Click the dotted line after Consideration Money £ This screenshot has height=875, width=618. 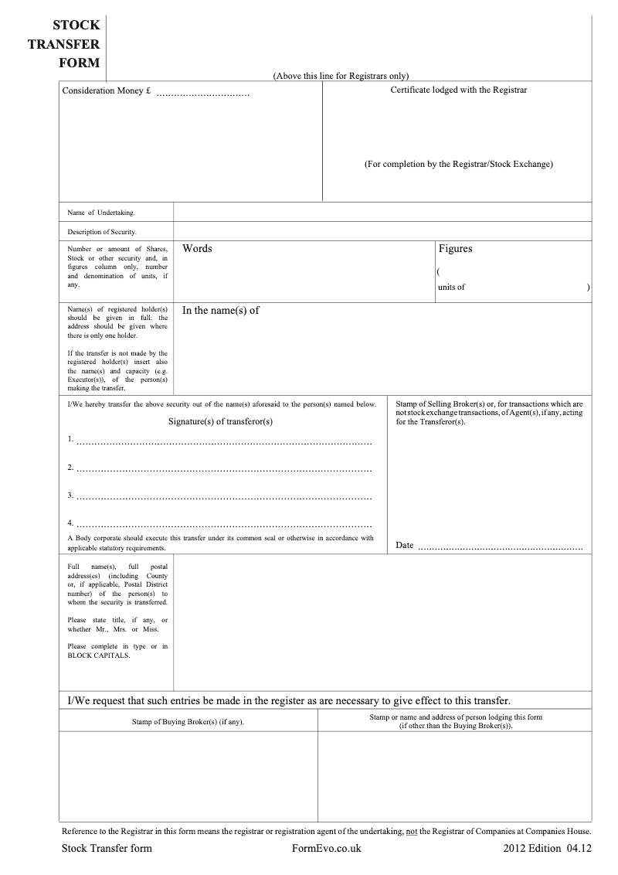[x=203, y=94]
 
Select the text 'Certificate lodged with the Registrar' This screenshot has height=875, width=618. [x=458, y=90]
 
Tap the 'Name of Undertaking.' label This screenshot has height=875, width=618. [x=101, y=213]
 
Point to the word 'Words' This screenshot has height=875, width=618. [x=197, y=249]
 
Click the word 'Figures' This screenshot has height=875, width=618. [x=455, y=249]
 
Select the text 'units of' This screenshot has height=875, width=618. [x=451, y=287]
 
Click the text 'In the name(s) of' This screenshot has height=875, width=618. [x=221, y=311]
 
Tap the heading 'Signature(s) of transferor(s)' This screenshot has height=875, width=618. [x=220, y=421]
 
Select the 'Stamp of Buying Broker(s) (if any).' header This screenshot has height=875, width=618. [x=188, y=721]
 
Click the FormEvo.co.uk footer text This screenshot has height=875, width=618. [x=327, y=848]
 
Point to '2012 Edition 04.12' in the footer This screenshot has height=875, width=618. [x=546, y=848]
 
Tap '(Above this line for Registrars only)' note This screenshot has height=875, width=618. [x=341, y=76]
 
